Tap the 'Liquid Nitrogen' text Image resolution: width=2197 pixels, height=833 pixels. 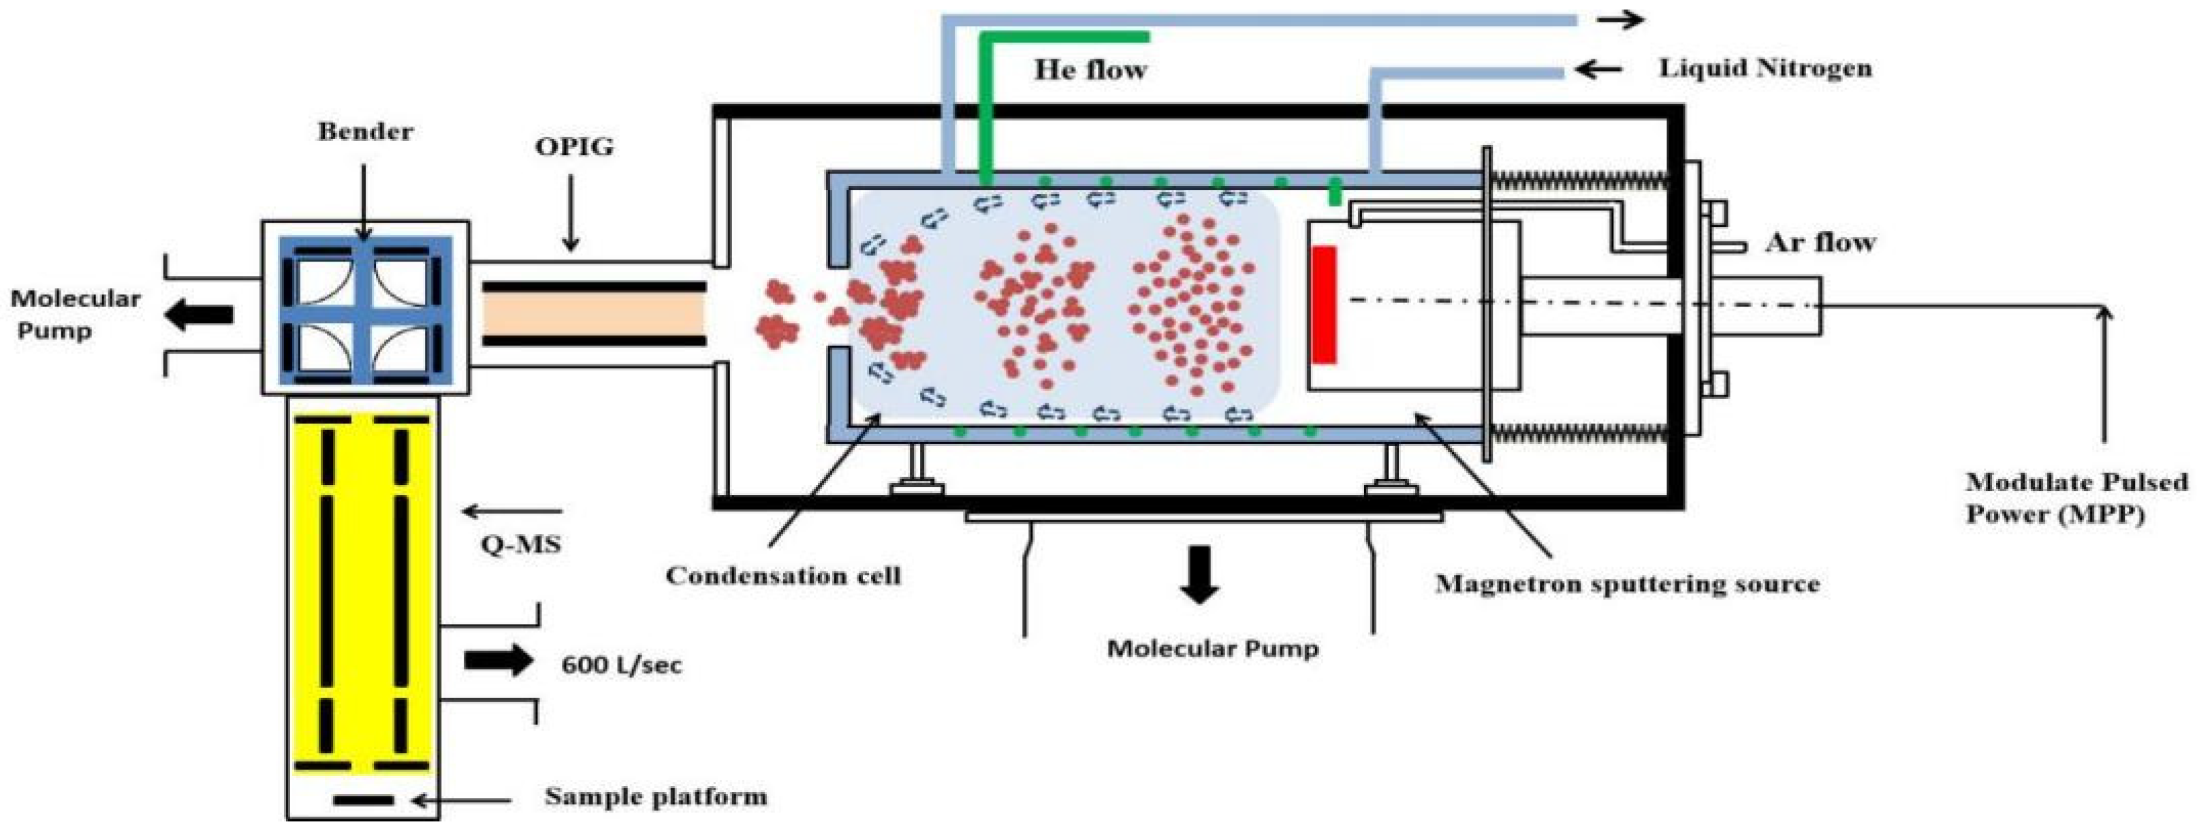pyautogui.click(x=1765, y=67)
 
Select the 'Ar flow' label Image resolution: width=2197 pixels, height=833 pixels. pyautogui.click(x=1820, y=243)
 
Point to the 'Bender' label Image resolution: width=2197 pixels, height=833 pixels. pyautogui.click(x=365, y=131)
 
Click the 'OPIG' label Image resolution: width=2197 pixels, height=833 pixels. pyautogui.click(x=573, y=146)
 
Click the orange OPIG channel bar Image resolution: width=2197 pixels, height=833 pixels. pyautogui.click(x=594, y=315)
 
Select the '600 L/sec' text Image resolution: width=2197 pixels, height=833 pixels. pyautogui.click(x=621, y=665)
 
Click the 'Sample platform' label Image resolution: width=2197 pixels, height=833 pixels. pyautogui.click(x=655, y=797)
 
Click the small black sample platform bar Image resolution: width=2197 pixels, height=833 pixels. pyautogui.click(x=363, y=800)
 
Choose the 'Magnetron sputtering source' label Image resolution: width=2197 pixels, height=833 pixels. pyautogui.click(x=1627, y=584)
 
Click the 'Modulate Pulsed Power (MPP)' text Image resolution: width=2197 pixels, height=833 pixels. pyautogui.click(x=2075, y=498)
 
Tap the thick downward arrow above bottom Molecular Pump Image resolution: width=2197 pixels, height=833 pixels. pyautogui.click(x=1199, y=573)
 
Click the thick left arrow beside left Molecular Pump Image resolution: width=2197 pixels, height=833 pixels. pyautogui.click(x=200, y=315)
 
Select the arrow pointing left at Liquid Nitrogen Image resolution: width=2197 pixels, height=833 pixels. pyautogui.click(x=1596, y=68)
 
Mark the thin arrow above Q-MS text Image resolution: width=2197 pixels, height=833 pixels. pyautogui.click(x=511, y=512)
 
